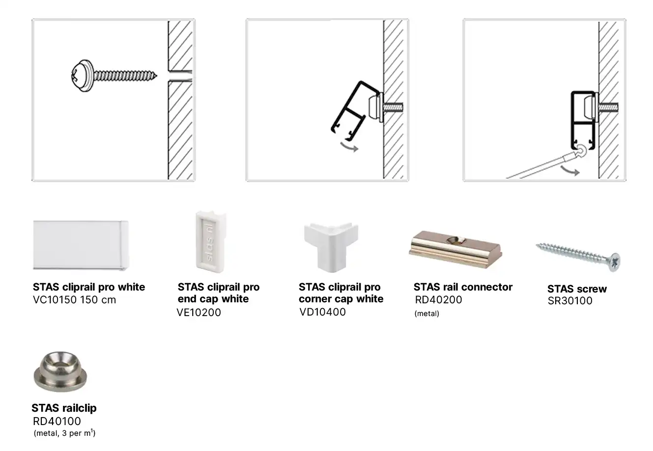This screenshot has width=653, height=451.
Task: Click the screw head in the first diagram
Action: pyautogui.click(x=82, y=76)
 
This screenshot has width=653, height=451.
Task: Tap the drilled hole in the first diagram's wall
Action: pyautogui.click(x=180, y=76)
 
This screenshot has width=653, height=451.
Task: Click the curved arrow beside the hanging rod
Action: pyautogui.click(x=570, y=171)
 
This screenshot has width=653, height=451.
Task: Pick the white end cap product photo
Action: pyautogui.click(x=211, y=241)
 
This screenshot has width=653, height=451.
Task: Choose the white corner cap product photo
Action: pyautogui.click(x=331, y=247)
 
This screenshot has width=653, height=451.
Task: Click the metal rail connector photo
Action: pyautogui.click(x=455, y=249)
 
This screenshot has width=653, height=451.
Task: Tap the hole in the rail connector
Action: pyautogui.click(x=456, y=240)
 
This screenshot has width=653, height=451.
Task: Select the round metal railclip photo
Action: pyautogui.click(x=60, y=372)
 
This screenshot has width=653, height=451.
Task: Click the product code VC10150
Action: pyautogui.click(x=55, y=299)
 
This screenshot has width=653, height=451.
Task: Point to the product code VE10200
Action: pyautogui.click(x=199, y=313)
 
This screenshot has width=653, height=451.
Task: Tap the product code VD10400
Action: pyautogui.click(x=322, y=312)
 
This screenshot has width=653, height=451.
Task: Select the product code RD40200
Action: pyautogui.click(x=438, y=299)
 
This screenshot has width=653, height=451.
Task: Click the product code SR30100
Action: pyautogui.click(x=570, y=300)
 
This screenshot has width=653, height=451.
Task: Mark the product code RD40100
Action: pyautogui.click(x=57, y=421)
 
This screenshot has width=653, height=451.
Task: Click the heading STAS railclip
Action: pyautogui.click(x=64, y=408)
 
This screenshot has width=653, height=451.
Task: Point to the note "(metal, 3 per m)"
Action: pyautogui.click(x=65, y=433)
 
